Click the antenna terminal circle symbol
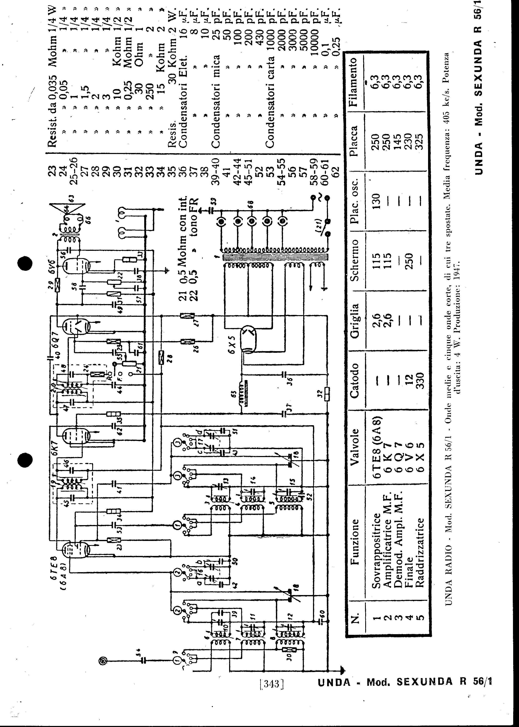(x=103, y=661)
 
